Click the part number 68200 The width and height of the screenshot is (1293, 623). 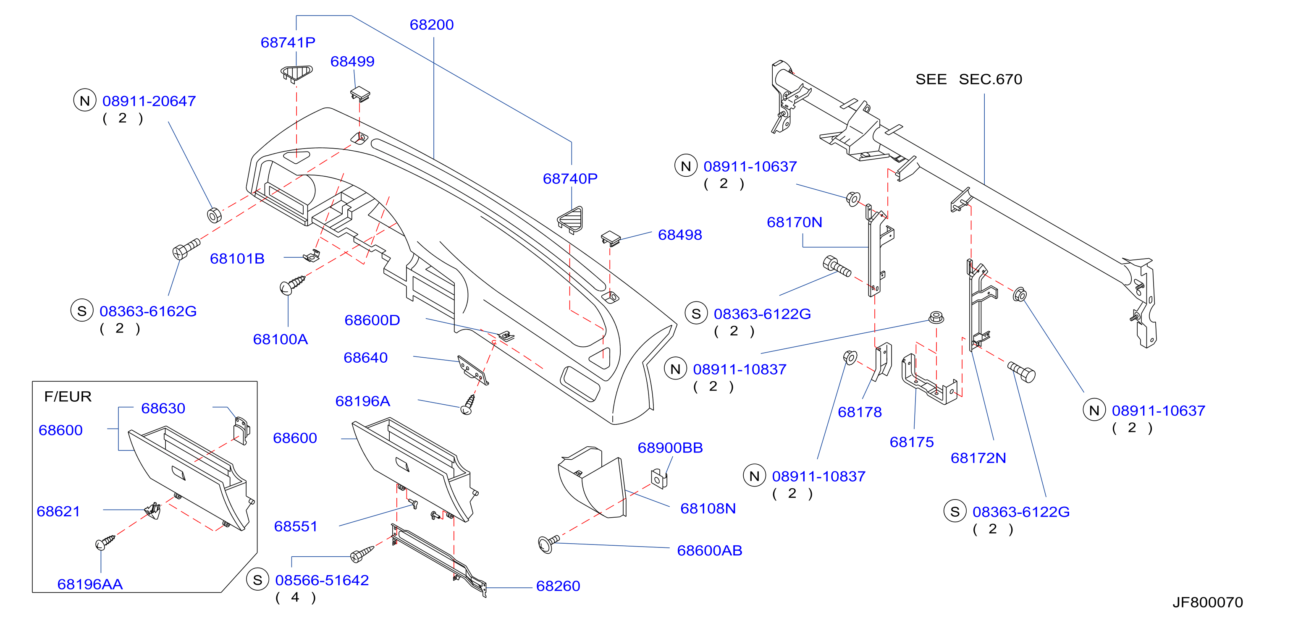click(431, 25)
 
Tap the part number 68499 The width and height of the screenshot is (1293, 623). click(352, 61)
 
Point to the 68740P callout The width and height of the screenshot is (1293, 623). click(570, 178)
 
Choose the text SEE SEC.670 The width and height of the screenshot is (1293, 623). click(968, 79)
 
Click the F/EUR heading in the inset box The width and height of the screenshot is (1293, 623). click(68, 397)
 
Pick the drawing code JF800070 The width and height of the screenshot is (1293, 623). click(1207, 602)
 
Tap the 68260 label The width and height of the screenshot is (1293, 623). click(558, 586)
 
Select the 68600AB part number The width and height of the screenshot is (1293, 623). click(709, 551)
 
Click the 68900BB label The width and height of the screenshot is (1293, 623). click(670, 448)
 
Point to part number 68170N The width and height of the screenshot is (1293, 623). click(794, 222)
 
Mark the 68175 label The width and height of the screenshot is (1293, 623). click(912, 442)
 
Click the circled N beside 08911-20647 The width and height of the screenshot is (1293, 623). click(85, 100)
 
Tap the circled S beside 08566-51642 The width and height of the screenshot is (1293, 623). click(257, 580)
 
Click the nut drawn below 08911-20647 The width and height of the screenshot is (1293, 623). click(214, 215)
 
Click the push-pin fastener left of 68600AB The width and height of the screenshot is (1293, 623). click(548, 543)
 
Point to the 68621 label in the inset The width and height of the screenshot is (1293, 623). click(58, 511)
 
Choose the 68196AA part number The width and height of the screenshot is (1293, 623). click(90, 584)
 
